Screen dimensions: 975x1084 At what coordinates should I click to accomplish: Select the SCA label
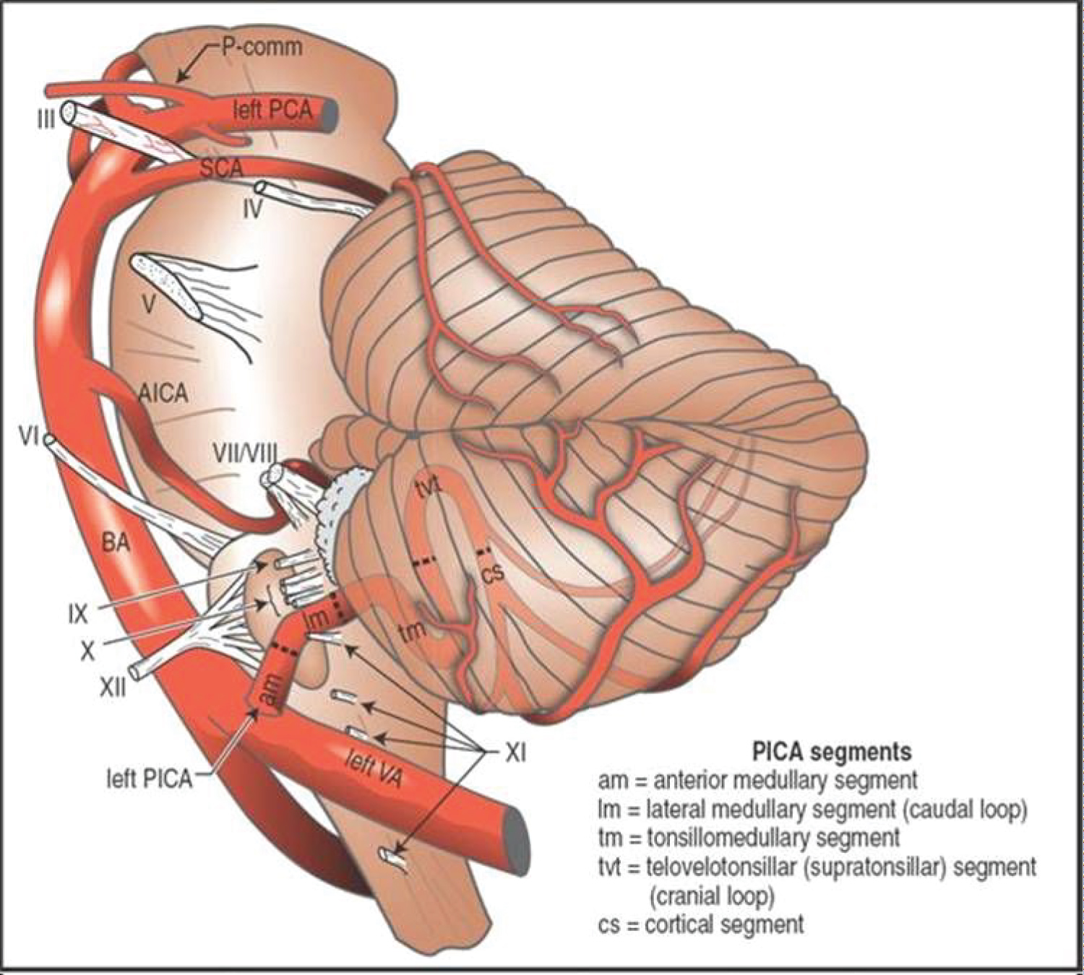(x=221, y=168)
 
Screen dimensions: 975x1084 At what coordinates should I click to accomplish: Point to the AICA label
(x=163, y=394)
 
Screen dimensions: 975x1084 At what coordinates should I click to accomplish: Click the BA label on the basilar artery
(x=116, y=541)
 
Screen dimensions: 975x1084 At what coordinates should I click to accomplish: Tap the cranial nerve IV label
(x=251, y=211)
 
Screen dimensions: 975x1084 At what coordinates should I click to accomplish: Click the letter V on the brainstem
(x=149, y=305)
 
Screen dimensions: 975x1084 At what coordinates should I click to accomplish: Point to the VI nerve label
(x=28, y=436)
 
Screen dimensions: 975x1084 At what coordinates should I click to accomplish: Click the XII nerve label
(x=112, y=687)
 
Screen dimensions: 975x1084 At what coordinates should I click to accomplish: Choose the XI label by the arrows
(x=515, y=754)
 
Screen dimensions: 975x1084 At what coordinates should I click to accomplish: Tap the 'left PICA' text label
(x=150, y=779)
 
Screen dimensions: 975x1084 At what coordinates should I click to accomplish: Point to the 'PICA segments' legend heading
(x=832, y=752)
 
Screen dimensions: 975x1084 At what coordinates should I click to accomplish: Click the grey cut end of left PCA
(x=330, y=112)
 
